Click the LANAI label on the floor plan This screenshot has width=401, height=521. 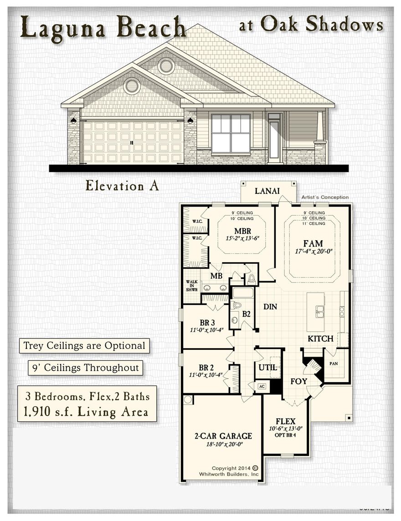(267, 191)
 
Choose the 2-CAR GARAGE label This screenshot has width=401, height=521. (223, 435)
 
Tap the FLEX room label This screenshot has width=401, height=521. (286, 421)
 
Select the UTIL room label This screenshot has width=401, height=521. (267, 367)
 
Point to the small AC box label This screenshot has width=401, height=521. (262, 386)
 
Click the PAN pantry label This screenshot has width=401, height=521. (334, 364)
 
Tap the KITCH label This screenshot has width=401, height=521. (320, 339)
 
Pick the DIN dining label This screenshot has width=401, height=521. (270, 307)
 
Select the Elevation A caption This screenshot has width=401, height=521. (122, 186)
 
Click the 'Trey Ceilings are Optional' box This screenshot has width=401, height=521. (84, 346)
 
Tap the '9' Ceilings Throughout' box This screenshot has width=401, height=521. (85, 368)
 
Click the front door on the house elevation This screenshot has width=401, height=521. (275, 139)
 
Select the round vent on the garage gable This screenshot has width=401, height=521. (132, 86)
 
